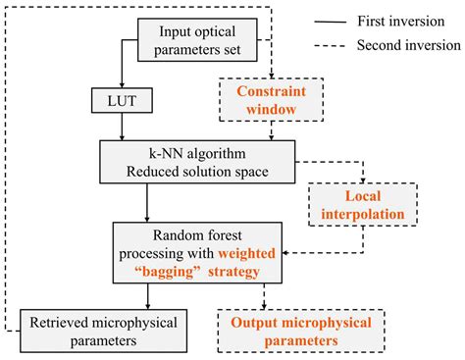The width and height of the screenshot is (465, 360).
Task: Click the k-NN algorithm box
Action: click(x=197, y=160)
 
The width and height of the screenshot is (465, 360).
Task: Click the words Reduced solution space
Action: click(x=197, y=169)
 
